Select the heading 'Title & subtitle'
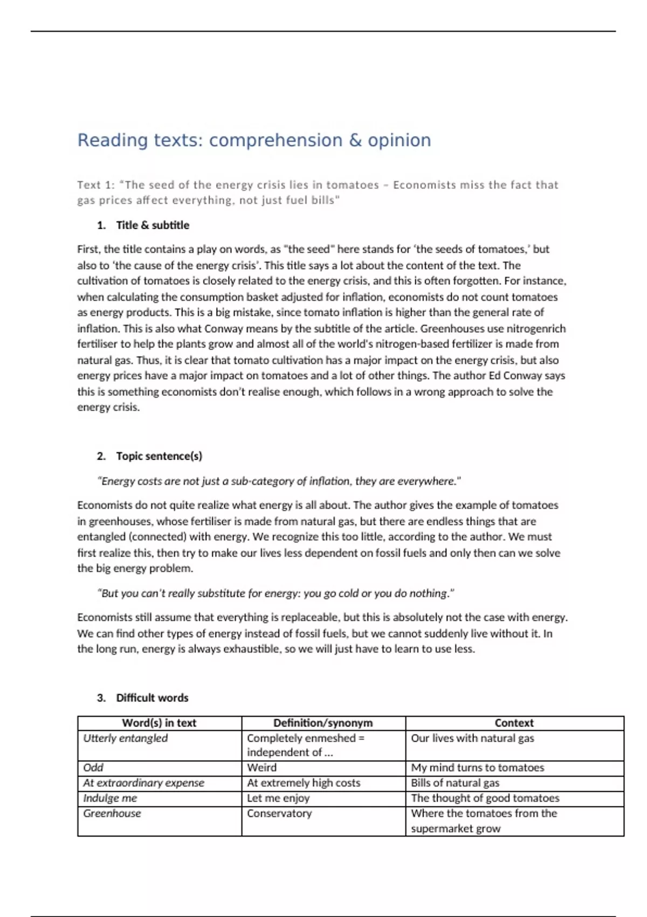(x=153, y=225)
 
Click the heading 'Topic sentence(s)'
(x=159, y=456)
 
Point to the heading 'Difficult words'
(x=152, y=698)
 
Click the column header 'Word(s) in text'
(x=159, y=723)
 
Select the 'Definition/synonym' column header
(x=323, y=723)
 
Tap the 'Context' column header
(x=514, y=723)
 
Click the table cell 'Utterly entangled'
(x=125, y=738)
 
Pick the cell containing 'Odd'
(x=93, y=768)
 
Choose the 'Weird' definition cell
(x=261, y=768)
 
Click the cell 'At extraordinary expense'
(x=143, y=783)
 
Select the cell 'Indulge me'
(x=110, y=798)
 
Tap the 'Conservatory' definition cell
(x=279, y=813)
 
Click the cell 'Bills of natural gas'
(x=455, y=783)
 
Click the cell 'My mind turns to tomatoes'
(x=477, y=768)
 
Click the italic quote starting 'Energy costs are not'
(x=279, y=481)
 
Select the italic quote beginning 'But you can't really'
(x=276, y=593)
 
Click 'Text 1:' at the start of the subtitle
(x=95, y=185)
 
